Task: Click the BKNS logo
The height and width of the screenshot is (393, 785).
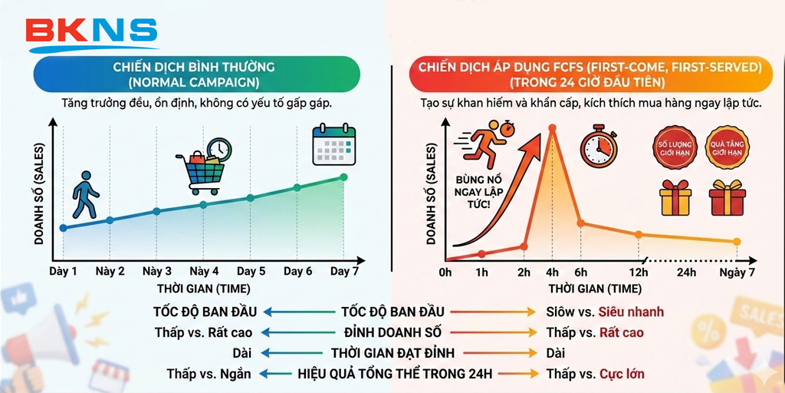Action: [91, 31]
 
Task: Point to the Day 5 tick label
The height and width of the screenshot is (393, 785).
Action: [251, 271]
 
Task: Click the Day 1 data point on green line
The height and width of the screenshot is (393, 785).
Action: [63, 228]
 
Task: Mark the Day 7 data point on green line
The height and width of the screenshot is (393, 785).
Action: [343, 177]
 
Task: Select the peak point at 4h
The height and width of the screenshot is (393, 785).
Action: [551, 128]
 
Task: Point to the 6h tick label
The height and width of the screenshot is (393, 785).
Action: [580, 272]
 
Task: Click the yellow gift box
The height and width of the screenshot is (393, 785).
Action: [675, 197]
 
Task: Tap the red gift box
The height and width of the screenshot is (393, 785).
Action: [725, 197]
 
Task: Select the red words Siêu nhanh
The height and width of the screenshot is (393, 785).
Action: [632, 312]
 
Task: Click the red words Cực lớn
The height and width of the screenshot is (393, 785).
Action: [622, 374]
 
